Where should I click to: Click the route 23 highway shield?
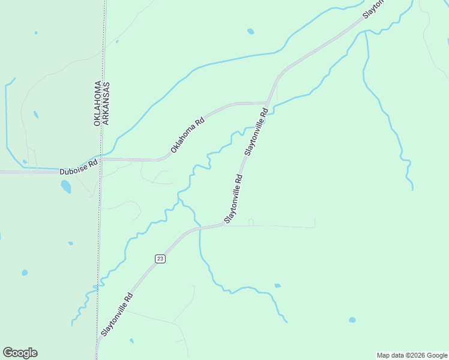[x=160, y=259]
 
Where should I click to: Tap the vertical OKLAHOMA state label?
[x=97, y=103]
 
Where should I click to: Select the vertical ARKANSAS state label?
[x=106, y=103]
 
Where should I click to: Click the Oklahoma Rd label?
[x=187, y=135]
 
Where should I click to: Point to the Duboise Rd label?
[x=79, y=167]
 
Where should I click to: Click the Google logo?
[x=20, y=353]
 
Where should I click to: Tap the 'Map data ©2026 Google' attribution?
[x=412, y=355]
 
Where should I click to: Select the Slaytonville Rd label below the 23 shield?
[x=116, y=314]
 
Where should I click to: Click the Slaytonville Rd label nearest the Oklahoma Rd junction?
[x=255, y=133]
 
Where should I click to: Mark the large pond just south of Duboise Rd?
[x=65, y=187]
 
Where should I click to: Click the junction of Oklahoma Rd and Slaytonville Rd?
[x=268, y=102]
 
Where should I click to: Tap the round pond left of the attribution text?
[x=352, y=320]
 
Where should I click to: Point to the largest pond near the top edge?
[x=250, y=31]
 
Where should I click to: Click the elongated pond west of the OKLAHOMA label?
[x=36, y=115]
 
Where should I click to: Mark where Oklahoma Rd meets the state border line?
[x=101, y=159]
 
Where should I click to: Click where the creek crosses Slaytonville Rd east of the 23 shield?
[x=199, y=229]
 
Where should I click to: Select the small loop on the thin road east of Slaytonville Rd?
[x=251, y=223]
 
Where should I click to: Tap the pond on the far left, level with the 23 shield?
[x=25, y=272]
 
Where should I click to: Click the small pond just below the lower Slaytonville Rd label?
[x=131, y=341]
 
